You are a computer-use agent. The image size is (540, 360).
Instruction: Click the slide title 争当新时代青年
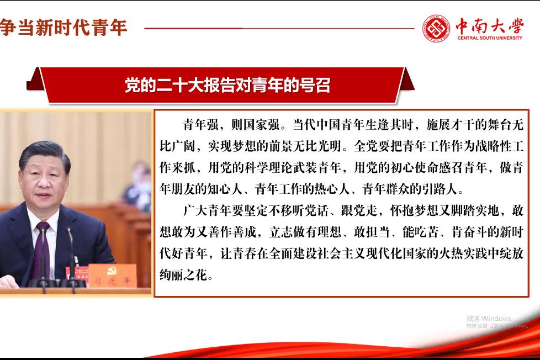[x=63, y=27]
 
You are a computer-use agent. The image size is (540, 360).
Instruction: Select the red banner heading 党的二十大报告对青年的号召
[x=227, y=86]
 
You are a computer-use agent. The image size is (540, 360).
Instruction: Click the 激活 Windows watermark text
[x=488, y=318]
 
